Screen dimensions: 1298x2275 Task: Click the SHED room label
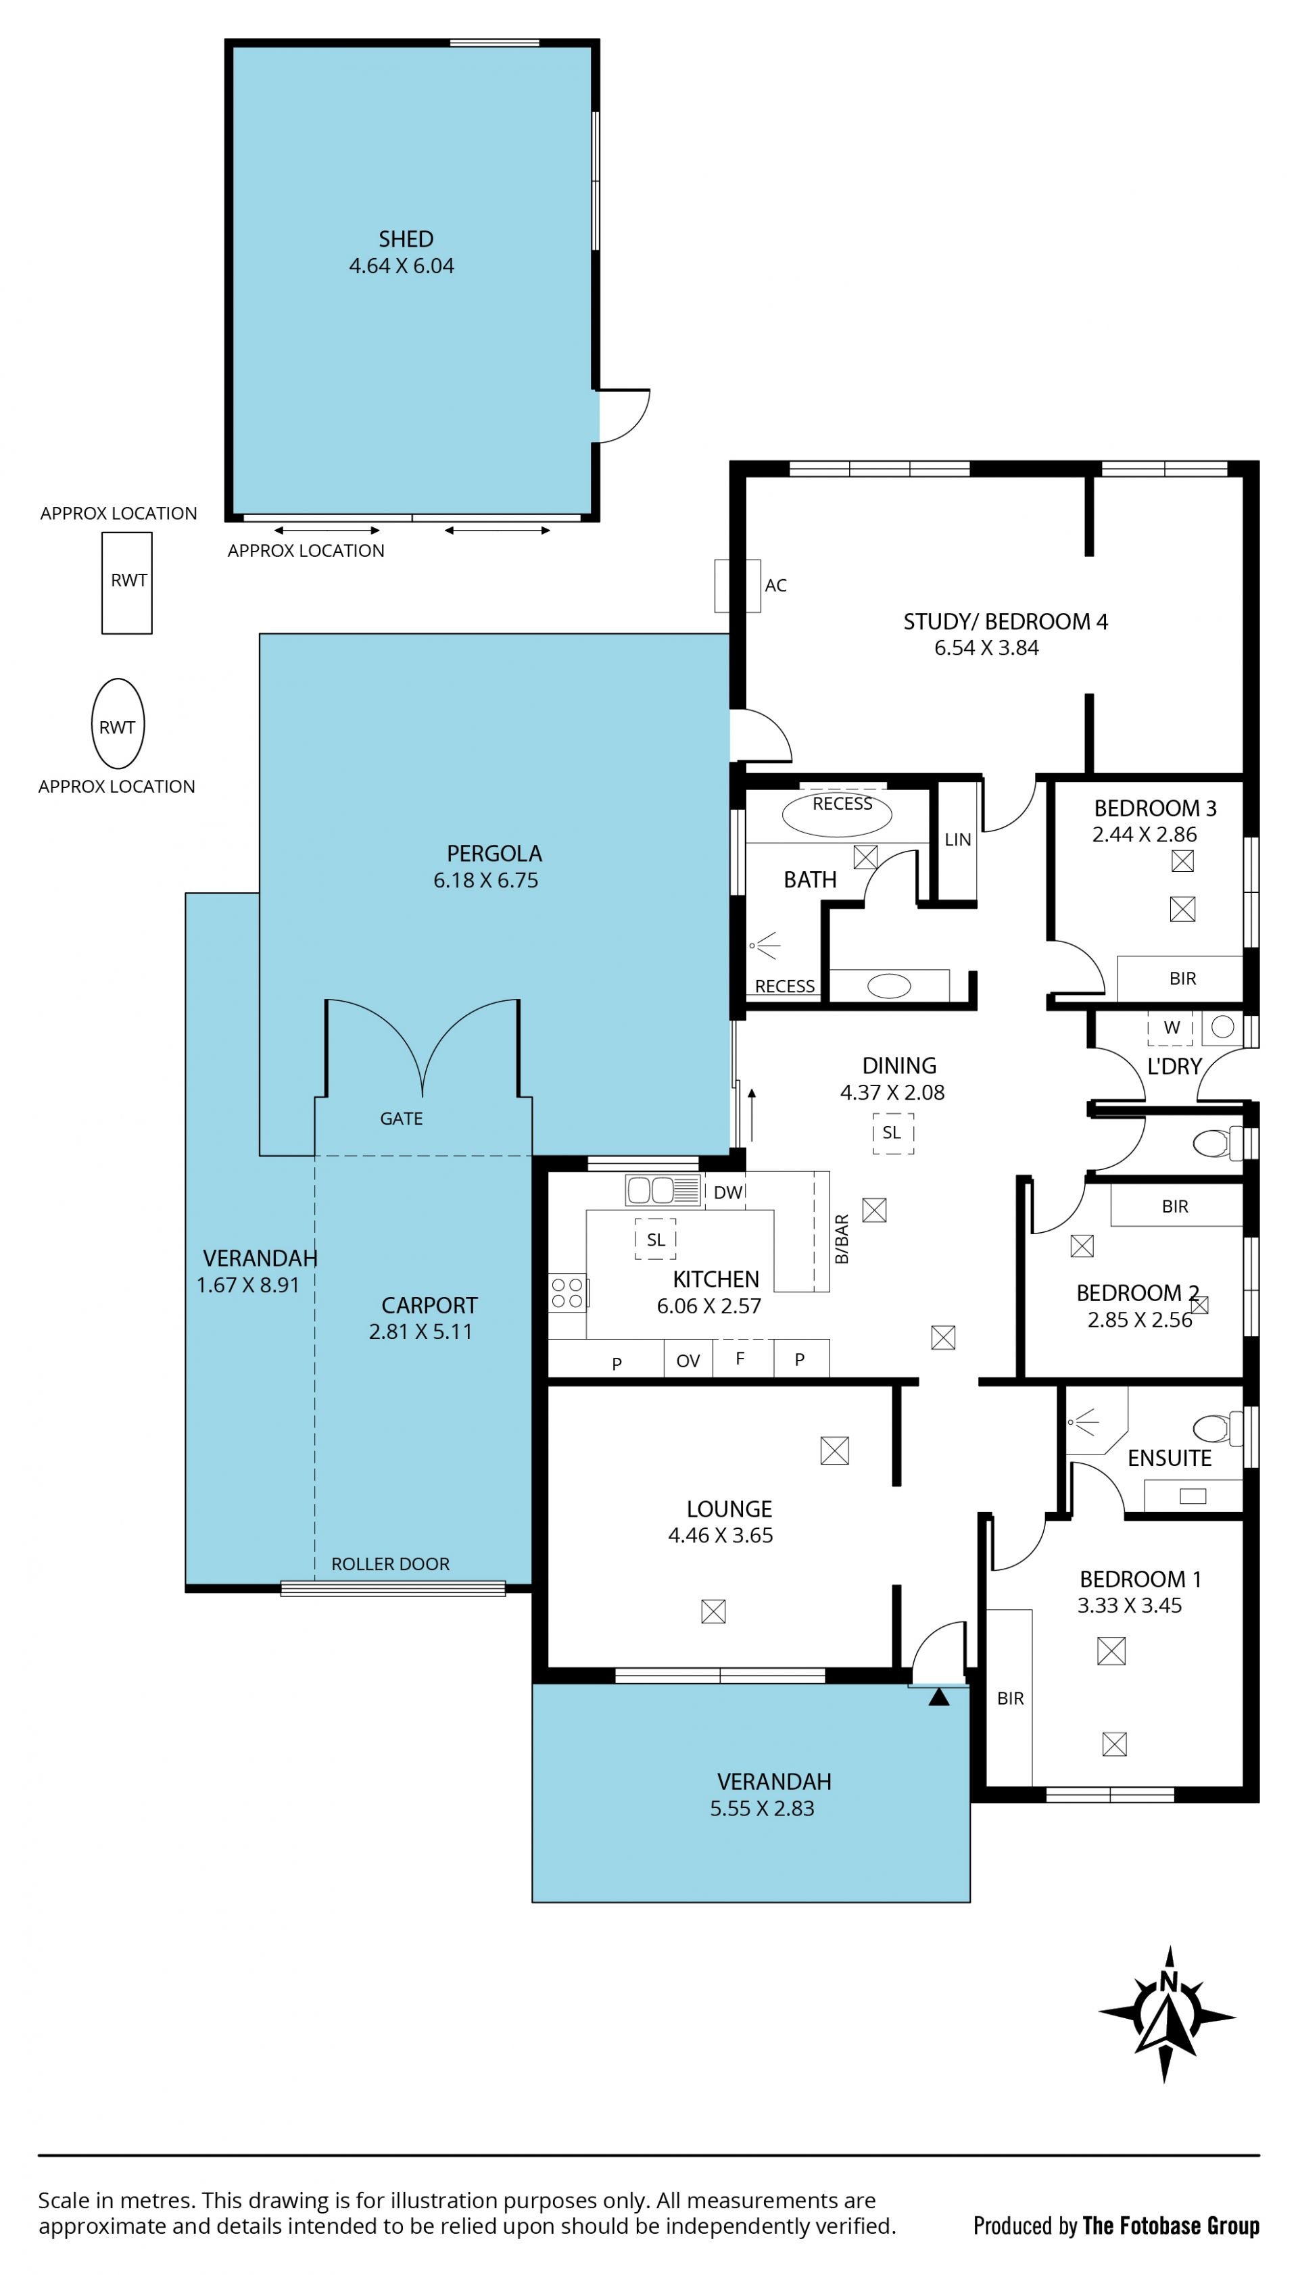pyautogui.click(x=406, y=239)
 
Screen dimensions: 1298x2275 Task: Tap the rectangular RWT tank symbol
pyautogui.click(x=126, y=583)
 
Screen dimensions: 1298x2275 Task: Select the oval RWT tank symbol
pyautogui.click(x=118, y=724)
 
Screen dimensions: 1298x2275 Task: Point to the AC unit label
pyautogui.click(x=775, y=585)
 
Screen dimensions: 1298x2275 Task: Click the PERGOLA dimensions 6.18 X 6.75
pyautogui.click(x=486, y=881)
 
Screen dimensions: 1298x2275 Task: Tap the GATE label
pyautogui.click(x=401, y=1119)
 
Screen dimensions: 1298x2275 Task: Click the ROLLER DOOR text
pyautogui.click(x=391, y=1564)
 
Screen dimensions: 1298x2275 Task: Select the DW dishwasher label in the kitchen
pyautogui.click(x=727, y=1192)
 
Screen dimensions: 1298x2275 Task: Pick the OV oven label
pyautogui.click(x=688, y=1361)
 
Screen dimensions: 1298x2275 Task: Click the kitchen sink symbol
pyautogui.click(x=663, y=1190)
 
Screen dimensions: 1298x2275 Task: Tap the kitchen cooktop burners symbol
pyautogui.click(x=567, y=1292)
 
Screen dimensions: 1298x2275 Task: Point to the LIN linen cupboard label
pyautogui.click(x=957, y=839)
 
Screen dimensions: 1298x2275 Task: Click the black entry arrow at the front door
pyautogui.click(x=939, y=1698)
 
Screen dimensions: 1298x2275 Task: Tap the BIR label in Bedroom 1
pyautogui.click(x=1010, y=1698)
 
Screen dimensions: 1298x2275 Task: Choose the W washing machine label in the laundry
pyautogui.click(x=1172, y=1027)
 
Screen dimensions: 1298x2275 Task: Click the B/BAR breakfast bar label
pyautogui.click(x=842, y=1240)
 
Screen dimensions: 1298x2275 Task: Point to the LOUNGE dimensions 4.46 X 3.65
pyautogui.click(x=720, y=1536)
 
